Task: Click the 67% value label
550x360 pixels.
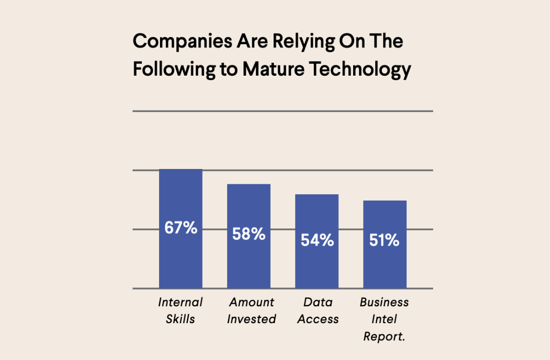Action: point(181,228)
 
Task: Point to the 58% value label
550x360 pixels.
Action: point(249,234)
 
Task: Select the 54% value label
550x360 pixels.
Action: point(317,240)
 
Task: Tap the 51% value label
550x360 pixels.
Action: point(384,240)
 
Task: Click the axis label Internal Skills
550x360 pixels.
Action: point(180,311)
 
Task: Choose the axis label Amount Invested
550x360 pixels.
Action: point(252,311)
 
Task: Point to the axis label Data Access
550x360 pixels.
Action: point(318,311)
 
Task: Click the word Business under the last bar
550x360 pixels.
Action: point(384,303)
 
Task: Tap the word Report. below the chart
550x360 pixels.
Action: point(384,337)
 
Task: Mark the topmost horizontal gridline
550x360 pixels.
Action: point(283,111)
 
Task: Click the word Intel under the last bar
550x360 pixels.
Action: point(384,319)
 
